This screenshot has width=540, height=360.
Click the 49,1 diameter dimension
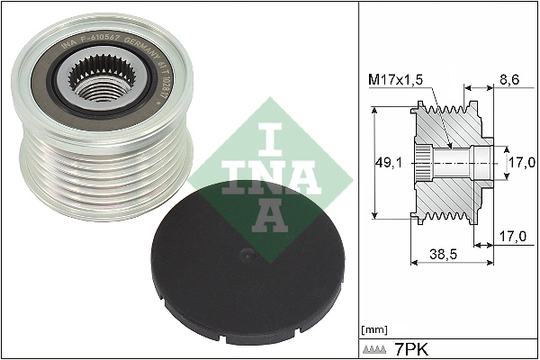pos(386,162)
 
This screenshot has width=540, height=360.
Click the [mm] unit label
pos(372,329)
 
